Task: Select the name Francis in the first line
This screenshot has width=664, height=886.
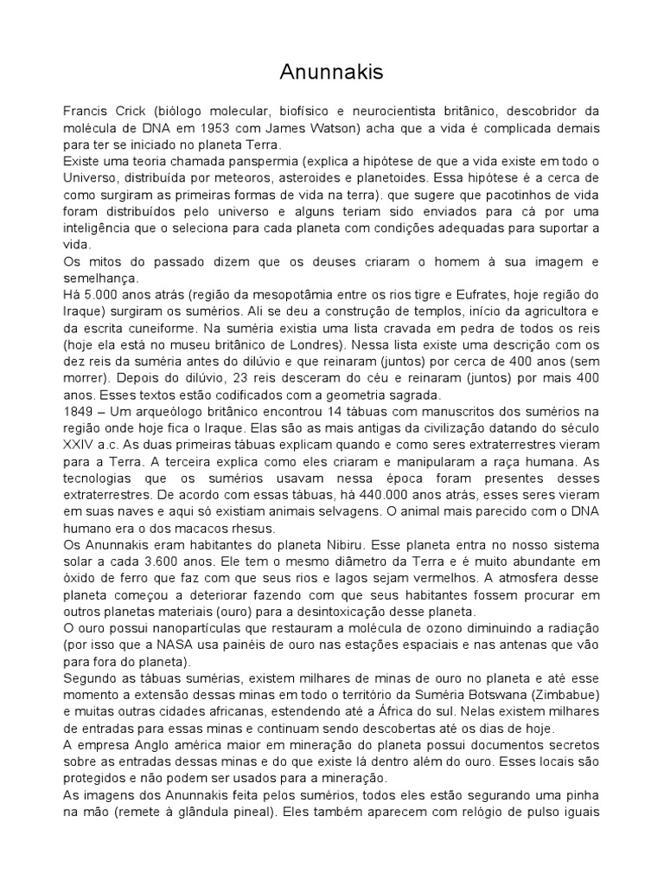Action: (86, 112)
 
